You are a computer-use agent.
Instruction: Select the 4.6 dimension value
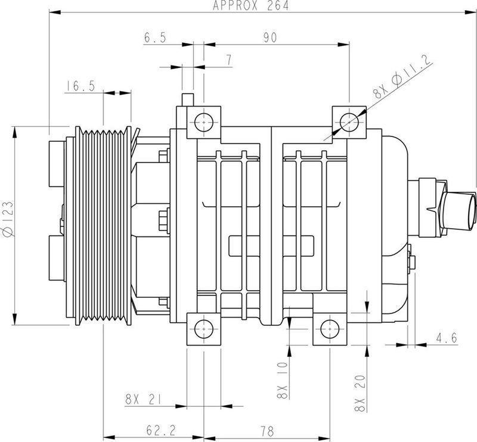pyautogui.click(x=446, y=338)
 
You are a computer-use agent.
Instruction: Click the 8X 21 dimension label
pyautogui.click(x=144, y=399)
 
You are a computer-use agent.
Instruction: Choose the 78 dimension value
pyautogui.click(x=263, y=428)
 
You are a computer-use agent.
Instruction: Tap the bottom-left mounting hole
pyautogui.click(x=203, y=328)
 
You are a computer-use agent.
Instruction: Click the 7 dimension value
pyautogui.click(x=228, y=61)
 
